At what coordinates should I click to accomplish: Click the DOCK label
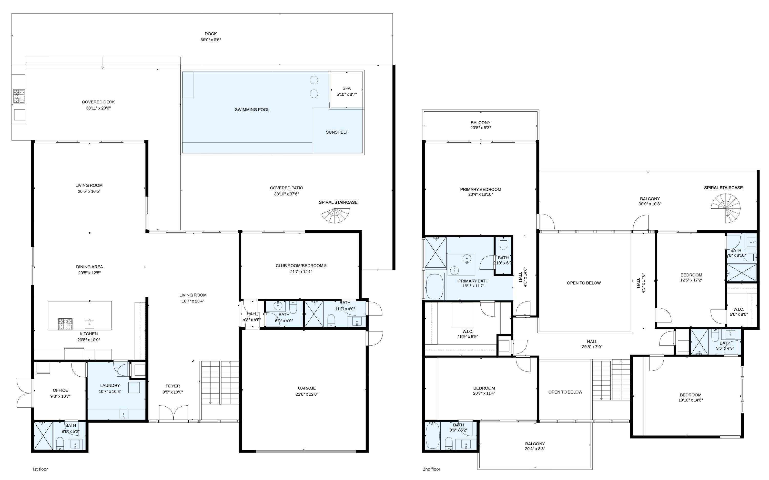click(x=210, y=34)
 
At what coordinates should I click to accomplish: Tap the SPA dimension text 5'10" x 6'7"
click(x=346, y=94)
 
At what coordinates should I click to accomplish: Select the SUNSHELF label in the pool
click(x=337, y=132)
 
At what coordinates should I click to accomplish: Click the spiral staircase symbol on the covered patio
click(x=335, y=215)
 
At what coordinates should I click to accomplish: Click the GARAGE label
click(x=307, y=388)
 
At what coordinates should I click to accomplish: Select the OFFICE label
click(x=60, y=390)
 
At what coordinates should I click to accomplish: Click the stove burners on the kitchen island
click(x=65, y=324)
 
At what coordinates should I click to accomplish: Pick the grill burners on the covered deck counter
click(x=19, y=96)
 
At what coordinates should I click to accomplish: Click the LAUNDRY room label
click(x=110, y=385)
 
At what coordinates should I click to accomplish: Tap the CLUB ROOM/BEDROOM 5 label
click(x=301, y=265)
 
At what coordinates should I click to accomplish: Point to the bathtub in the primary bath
click(x=434, y=286)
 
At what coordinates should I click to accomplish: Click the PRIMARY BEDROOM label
click(x=480, y=189)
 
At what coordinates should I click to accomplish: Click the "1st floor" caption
click(x=40, y=469)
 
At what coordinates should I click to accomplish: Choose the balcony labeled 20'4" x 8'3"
click(x=535, y=446)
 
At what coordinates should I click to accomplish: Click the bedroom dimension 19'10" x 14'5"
click(x=690, y=400)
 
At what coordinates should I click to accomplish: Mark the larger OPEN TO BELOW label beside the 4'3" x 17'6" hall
click(x=583, y=283)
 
